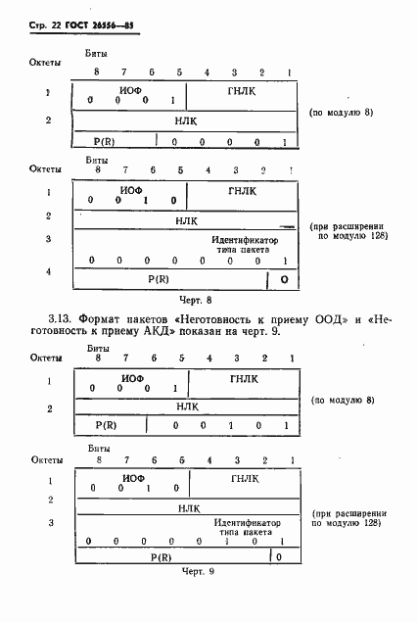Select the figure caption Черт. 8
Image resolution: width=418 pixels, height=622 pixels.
[x=195, y=299]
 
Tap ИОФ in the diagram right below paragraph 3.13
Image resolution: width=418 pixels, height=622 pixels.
[x=132, y=377]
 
